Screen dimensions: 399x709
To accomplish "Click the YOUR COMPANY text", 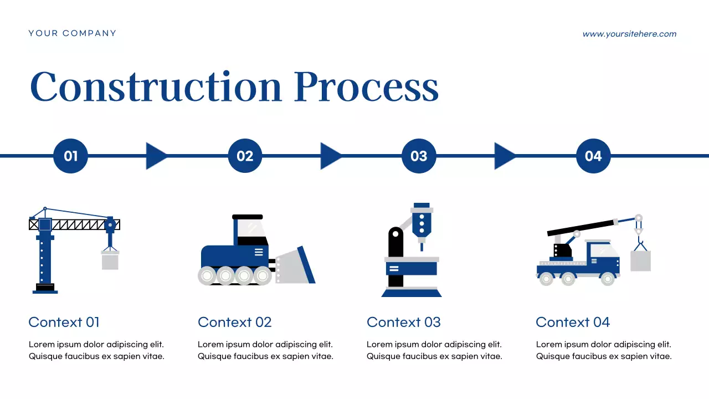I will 73,33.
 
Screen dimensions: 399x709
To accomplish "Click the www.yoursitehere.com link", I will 629,34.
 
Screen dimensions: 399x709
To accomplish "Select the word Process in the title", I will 366,87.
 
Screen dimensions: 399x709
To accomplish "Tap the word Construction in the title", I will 156,87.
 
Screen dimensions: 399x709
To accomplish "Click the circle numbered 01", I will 71,156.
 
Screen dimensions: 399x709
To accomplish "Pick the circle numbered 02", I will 245,156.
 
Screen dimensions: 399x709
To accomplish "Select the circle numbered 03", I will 419,156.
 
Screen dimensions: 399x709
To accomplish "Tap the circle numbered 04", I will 593,156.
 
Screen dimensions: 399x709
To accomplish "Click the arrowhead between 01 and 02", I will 156,156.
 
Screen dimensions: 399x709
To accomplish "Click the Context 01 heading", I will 64,322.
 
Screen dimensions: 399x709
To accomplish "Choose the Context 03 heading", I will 403,322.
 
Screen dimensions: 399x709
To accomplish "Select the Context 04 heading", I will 573,322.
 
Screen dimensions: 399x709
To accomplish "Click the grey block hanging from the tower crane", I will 110,260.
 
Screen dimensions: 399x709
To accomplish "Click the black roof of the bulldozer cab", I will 248,217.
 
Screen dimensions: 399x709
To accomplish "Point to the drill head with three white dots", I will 422,221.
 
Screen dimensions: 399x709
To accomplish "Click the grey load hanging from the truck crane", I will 641,260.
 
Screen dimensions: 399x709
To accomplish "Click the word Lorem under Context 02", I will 210,344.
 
